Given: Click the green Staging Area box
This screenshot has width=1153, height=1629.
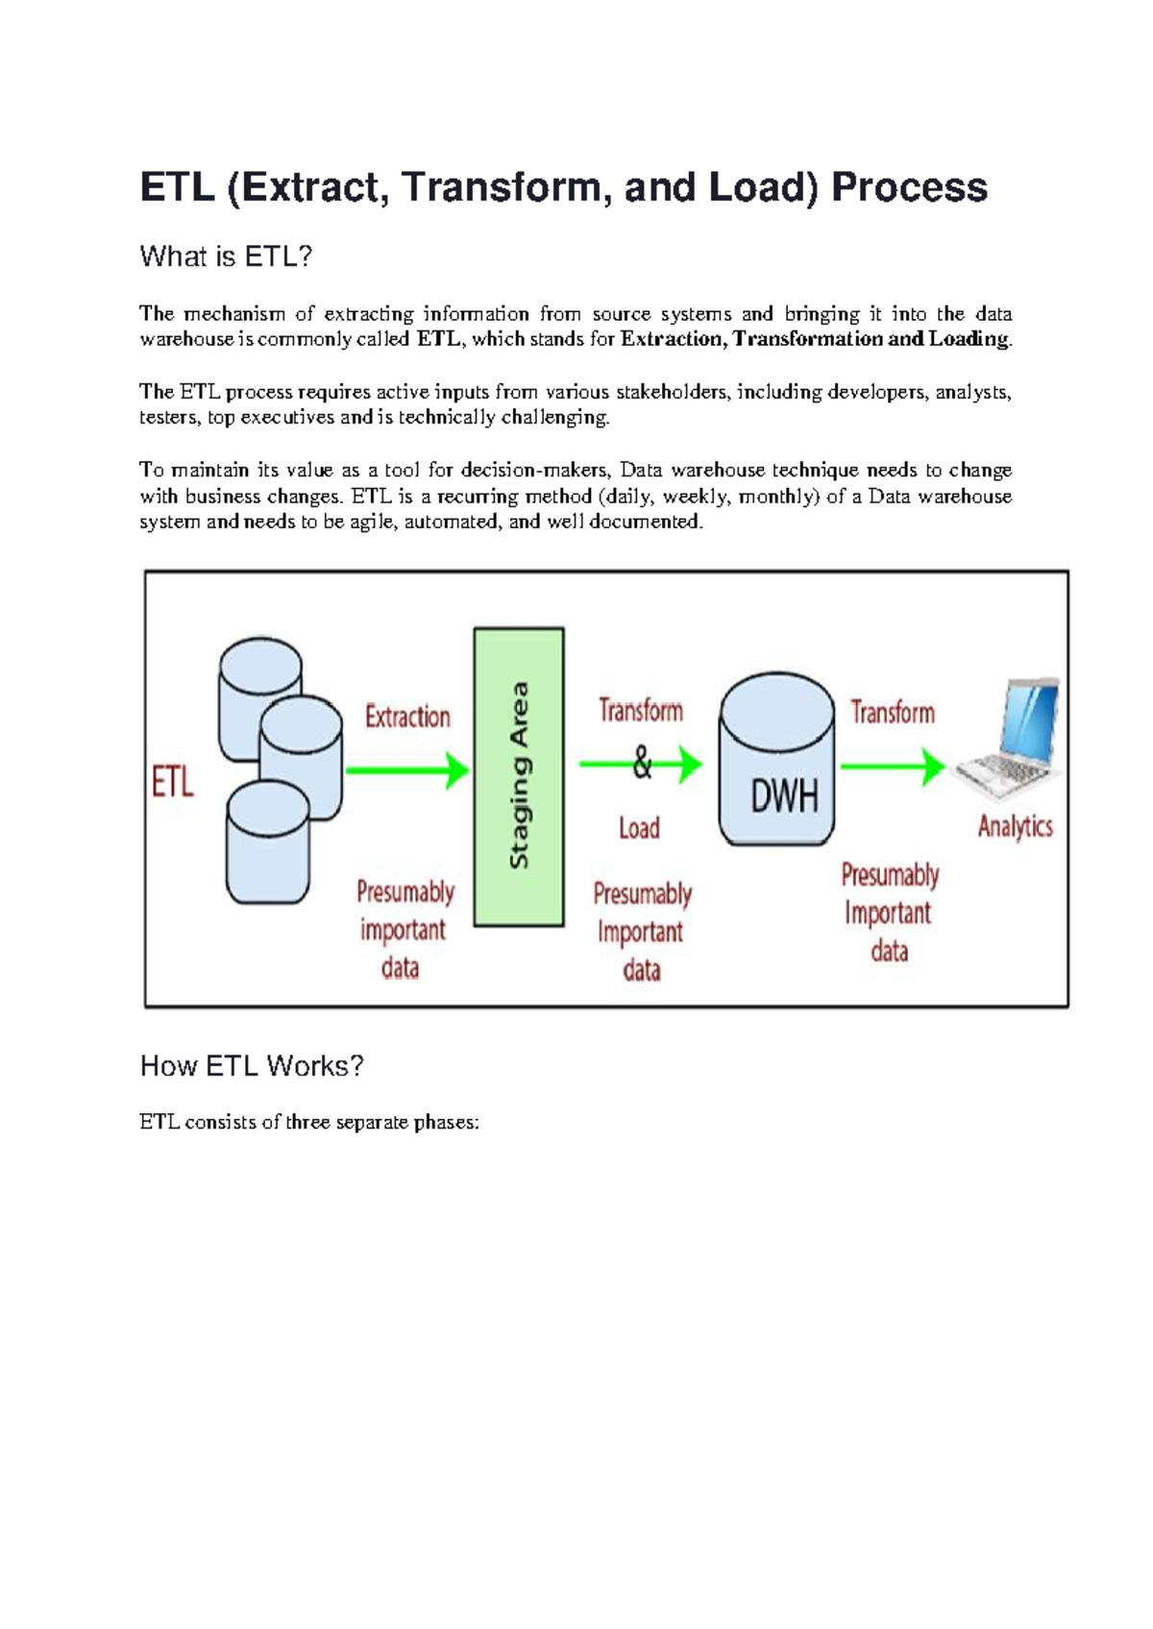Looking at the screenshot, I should (519, 776).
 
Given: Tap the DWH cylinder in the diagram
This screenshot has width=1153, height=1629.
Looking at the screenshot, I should (776, 759).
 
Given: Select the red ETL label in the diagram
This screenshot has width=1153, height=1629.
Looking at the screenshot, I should (173, 782).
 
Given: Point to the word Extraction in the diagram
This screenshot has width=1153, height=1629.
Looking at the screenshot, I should (407, 717).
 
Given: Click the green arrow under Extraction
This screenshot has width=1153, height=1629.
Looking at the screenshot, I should (406, 769).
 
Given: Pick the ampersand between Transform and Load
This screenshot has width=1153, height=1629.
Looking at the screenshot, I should (642, 766).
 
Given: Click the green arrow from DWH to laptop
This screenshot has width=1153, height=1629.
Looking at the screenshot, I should (893, 766).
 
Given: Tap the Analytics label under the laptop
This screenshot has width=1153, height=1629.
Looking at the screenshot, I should (1015, 826).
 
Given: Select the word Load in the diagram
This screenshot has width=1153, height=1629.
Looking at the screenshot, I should (639, 828).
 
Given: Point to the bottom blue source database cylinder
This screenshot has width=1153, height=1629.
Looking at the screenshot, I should (267, 843).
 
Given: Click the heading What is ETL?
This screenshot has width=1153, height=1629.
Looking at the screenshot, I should (226, 256).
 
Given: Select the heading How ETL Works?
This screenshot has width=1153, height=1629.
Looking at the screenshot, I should (252, 1065).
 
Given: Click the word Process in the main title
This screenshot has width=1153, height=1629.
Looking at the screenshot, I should (909, 187).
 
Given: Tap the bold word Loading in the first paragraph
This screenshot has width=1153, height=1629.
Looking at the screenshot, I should (969, 339).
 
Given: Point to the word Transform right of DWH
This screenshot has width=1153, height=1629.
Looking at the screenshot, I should (893, 712).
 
